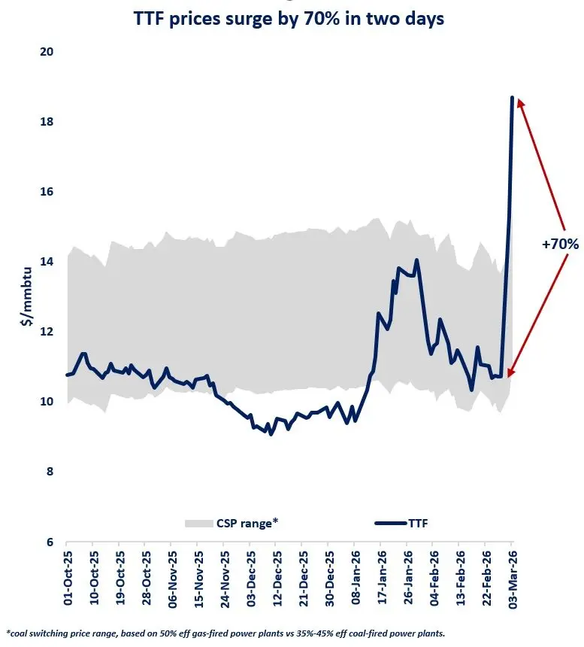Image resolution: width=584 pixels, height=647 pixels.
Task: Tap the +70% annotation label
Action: (560, 244)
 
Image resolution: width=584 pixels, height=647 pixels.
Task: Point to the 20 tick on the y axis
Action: (48, 52)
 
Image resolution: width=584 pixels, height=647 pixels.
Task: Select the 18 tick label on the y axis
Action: (48, 122)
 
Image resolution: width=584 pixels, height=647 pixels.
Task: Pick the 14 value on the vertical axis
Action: (48, 262)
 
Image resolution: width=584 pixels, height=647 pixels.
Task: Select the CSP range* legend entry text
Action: (247, 523)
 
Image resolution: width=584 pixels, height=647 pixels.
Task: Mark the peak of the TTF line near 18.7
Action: (512, 98)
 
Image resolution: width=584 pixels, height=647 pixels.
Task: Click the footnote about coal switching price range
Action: (225, 633)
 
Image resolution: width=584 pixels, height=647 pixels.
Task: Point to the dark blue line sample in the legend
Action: (386, 523)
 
